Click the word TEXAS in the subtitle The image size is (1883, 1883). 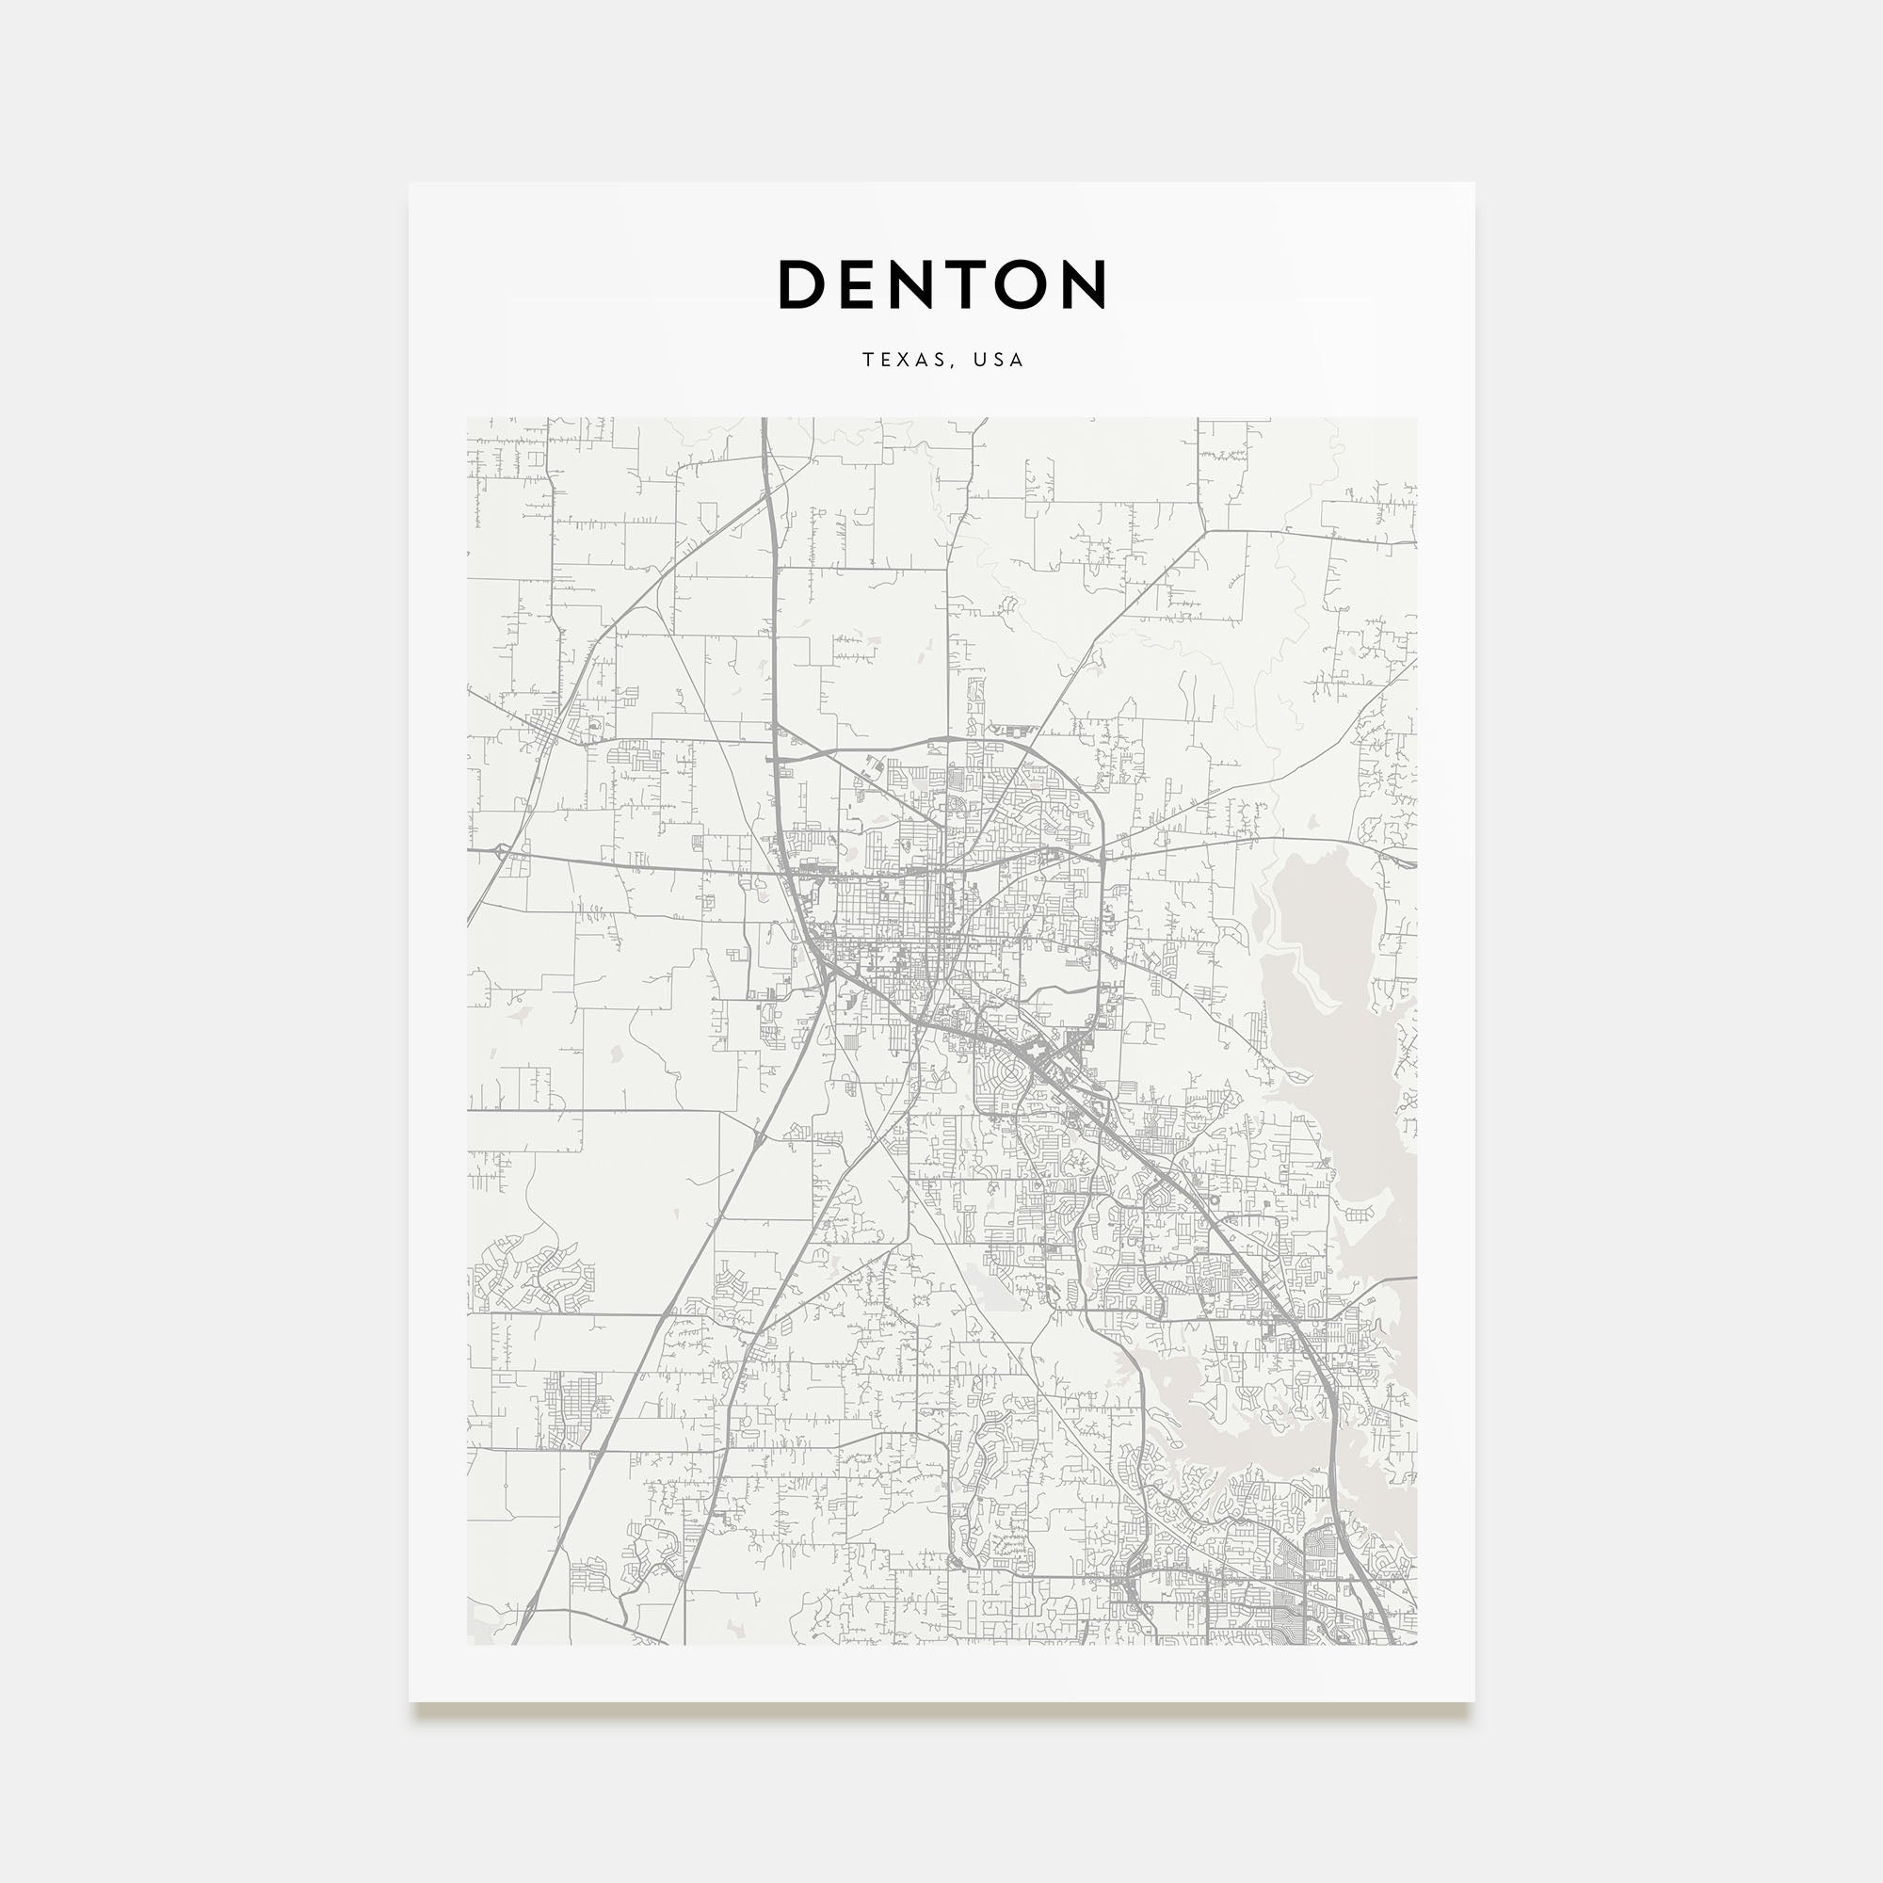tap(903, 360)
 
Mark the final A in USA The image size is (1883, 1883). tap(1018, 360)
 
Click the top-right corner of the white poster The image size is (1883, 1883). tap(1473, 185)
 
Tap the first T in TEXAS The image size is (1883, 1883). tap(867, 360)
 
